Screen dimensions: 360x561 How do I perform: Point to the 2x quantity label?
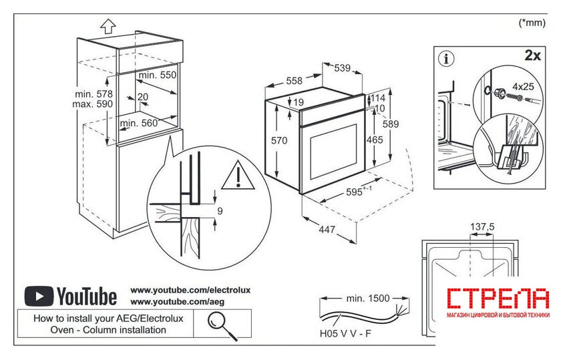pos(532,55)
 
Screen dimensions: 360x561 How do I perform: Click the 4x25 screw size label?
pos(523,86)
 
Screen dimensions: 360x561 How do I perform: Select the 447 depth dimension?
pos(327,230)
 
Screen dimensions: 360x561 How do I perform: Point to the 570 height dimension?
pos(278,141)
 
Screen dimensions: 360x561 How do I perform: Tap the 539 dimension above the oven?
pos(343,68)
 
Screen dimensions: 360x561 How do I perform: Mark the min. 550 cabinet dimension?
pos(158,75)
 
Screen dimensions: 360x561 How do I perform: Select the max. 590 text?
pos(93,105)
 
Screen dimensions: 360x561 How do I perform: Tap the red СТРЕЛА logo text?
pos(498,299)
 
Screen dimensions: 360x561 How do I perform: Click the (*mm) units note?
pos(532,22)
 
